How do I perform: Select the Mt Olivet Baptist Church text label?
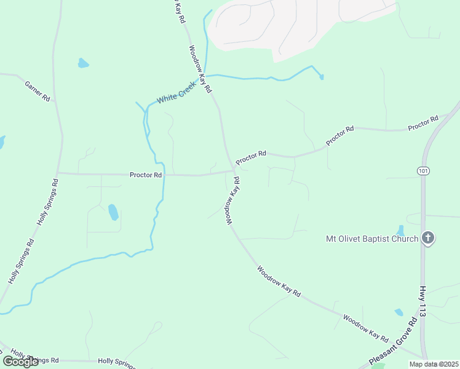[x=372, y=239]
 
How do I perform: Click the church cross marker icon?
[x=428, y=238]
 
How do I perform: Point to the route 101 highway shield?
[x=422, y=171]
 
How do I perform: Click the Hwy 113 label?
[x=422, y=301]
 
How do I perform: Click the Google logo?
[x=20, y=362]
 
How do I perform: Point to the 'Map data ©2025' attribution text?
[x=433, y=364]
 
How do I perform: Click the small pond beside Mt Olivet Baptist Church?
[x=401, y=230]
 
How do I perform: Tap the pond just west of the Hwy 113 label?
[x=399, y=312]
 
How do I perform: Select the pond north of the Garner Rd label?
[x=83, y=63]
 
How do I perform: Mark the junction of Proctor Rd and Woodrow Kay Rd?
[x=234, y=170]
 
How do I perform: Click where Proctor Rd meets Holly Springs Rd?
[x=57, y=173]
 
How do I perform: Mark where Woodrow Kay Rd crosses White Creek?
[x=205, y=76]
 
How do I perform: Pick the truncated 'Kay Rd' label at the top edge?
[x=178, y=12]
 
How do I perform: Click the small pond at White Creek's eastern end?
[x=321, y=77]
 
